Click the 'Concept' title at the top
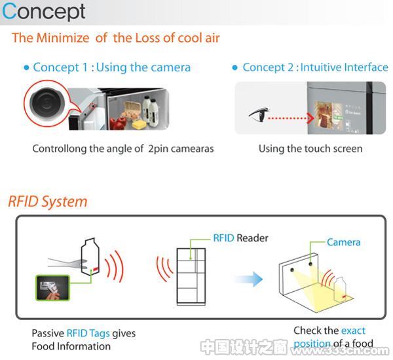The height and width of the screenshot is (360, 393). (x=44, y=12)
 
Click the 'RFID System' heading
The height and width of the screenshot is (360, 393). (x=48, y=202)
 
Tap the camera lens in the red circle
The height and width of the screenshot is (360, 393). (x=47, y=103)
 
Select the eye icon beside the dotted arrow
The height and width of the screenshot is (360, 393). (x=259, y=114)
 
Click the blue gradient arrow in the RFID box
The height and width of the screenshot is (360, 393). (x=249, y=279)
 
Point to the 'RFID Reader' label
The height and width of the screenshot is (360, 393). (x=240, y=238)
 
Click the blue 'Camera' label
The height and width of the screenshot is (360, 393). (x=344, y=242)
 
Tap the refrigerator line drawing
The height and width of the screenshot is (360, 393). (x=191, y=276)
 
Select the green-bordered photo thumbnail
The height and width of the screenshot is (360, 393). (x=52, y=288)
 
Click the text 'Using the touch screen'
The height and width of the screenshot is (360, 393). (x=310, y=149)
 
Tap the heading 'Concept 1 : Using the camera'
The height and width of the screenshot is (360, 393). (x=112, y=67)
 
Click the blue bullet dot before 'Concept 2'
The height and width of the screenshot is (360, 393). (x=234, y=67)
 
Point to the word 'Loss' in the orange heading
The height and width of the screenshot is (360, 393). (x=147, y=38)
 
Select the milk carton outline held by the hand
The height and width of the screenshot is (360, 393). (x=90, y=257)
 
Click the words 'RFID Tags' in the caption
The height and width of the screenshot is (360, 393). (x=88, y=333)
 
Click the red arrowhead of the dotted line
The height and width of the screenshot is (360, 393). (x=311, y=118)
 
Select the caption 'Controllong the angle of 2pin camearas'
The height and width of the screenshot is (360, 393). (x=123, y=149)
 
